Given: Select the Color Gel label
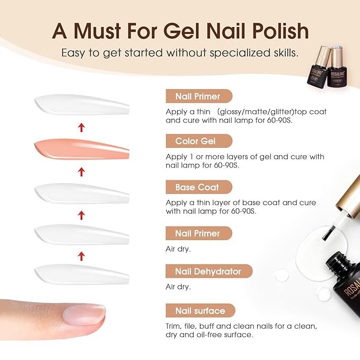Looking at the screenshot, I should (196, 141).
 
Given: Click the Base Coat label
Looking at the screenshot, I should (197, 187).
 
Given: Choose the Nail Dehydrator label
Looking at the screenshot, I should (208, 271).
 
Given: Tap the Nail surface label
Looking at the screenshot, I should (200, 311).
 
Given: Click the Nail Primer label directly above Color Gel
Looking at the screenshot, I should (197, 96).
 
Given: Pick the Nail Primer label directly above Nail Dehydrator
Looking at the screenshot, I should (197, 233).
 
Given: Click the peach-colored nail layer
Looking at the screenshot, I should (82, 149).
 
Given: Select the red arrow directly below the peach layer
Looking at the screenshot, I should (81, 171).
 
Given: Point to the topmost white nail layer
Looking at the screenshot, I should (82, 106).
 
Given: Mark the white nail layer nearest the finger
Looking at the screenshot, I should (82, 274).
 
